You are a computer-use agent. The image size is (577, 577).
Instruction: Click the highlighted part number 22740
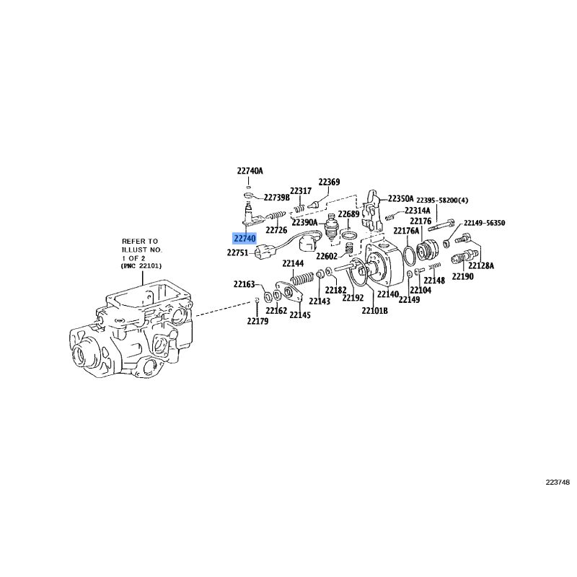245,239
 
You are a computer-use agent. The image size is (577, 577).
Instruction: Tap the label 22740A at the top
250,171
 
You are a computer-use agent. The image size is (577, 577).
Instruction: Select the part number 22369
329,182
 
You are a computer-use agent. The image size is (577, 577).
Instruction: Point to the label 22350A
401,199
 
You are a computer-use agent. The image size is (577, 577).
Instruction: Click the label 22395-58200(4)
442,201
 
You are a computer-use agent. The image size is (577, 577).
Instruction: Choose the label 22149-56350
484,223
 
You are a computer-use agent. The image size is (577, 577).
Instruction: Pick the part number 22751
238,253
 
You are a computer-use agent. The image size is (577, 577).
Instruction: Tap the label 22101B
374,311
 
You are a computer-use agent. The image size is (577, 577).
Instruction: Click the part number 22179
257,321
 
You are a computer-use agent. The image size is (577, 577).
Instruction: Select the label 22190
462,276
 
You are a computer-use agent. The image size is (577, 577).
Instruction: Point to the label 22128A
481,265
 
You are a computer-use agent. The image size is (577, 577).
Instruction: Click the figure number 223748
558,483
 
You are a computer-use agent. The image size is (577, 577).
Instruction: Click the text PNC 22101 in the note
141,265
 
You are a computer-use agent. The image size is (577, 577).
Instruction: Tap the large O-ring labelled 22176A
409,255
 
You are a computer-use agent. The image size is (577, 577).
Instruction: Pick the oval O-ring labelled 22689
348,235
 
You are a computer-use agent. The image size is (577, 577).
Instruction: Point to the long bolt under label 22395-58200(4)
441,224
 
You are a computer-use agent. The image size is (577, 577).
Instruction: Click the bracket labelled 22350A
371,212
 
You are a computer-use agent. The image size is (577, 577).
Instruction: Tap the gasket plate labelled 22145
289,292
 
